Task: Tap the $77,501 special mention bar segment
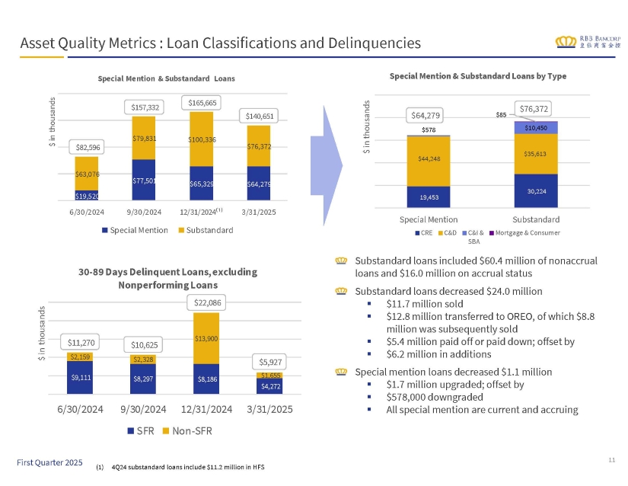[145, 180]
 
